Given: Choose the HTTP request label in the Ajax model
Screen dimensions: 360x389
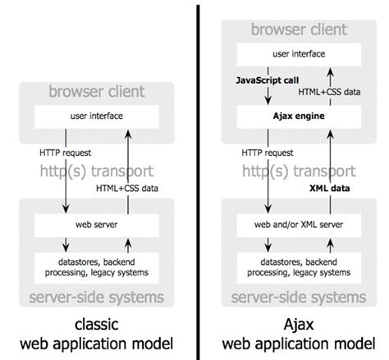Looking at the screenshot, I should (x=267, y=152).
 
